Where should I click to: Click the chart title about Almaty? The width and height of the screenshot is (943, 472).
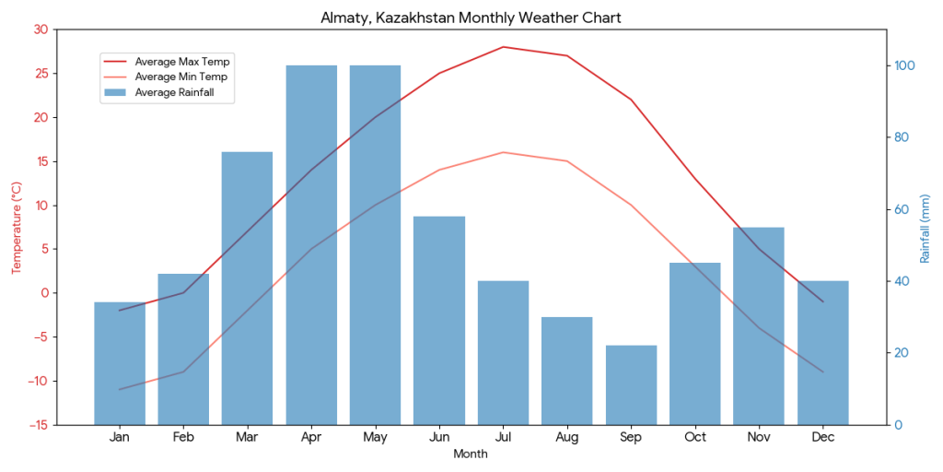(x=471, y=18)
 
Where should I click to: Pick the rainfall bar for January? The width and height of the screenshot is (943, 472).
(x=120, y=363)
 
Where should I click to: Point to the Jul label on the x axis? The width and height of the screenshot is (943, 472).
(x=503, y=437)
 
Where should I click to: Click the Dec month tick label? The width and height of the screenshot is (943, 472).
(x=822, y=437)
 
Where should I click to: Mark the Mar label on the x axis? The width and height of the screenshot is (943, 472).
(x=247, y=437)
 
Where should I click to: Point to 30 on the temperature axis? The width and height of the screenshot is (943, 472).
(x=40, y=29)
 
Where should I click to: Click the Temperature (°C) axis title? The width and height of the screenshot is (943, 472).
(x=16, y=227)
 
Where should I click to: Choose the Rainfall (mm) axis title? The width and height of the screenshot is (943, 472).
(x=926, y=227)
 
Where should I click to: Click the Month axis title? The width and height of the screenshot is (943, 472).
(x=471, y=454)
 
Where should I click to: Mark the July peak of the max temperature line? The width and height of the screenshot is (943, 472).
(x=503, y=47)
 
